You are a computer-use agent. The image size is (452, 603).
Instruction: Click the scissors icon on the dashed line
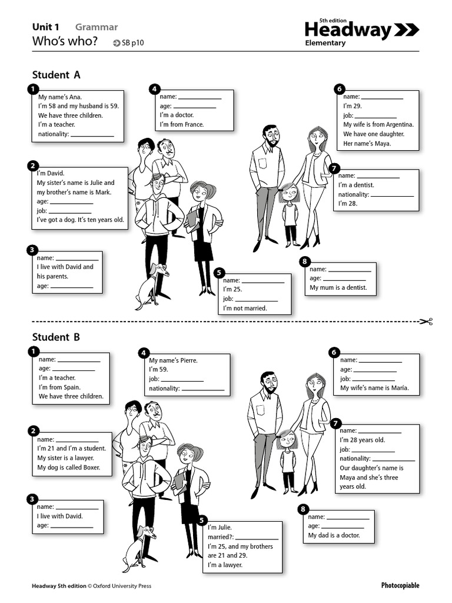click(426, 322)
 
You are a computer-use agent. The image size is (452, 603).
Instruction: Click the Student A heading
click(56, 75)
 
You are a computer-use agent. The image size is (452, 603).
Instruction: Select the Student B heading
click(56, 337)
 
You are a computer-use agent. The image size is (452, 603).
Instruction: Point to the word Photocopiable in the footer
click(400, 585)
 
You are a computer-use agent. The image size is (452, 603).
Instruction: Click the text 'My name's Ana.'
click(61, 97)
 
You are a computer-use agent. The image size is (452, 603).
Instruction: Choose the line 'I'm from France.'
click(182, 124)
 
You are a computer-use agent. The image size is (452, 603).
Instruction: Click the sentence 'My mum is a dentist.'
click(338, 287)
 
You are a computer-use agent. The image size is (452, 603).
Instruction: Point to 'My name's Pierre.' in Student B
click(174, 360)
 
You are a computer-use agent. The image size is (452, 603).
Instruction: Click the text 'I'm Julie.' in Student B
click(220, 527)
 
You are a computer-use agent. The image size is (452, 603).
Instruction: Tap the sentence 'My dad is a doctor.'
click(334, 535)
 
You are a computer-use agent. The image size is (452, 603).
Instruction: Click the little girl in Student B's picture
click(287, 459)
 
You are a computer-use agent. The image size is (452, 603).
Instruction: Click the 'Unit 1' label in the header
click(46, 26)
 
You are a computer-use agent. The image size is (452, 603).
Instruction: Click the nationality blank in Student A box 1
click(92, 135)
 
